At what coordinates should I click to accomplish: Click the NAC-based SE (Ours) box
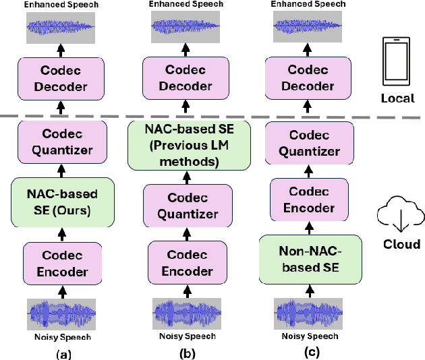61,202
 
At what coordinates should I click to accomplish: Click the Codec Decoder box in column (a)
61,78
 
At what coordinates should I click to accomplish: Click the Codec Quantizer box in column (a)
61,143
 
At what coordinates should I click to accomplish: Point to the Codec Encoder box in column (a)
61,264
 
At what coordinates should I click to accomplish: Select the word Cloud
403,244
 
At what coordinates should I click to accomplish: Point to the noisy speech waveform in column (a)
61,313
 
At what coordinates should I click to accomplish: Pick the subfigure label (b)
183,353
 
